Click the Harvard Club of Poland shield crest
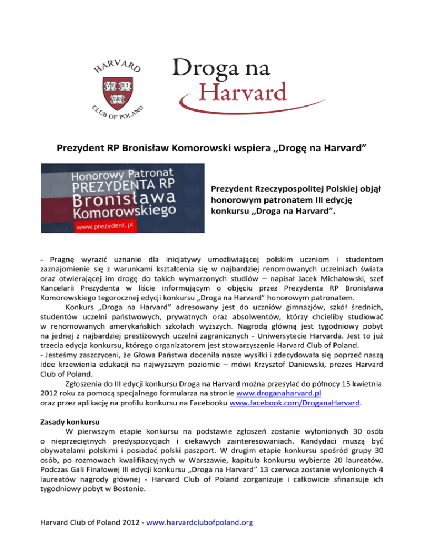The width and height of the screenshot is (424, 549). click(116, 84)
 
